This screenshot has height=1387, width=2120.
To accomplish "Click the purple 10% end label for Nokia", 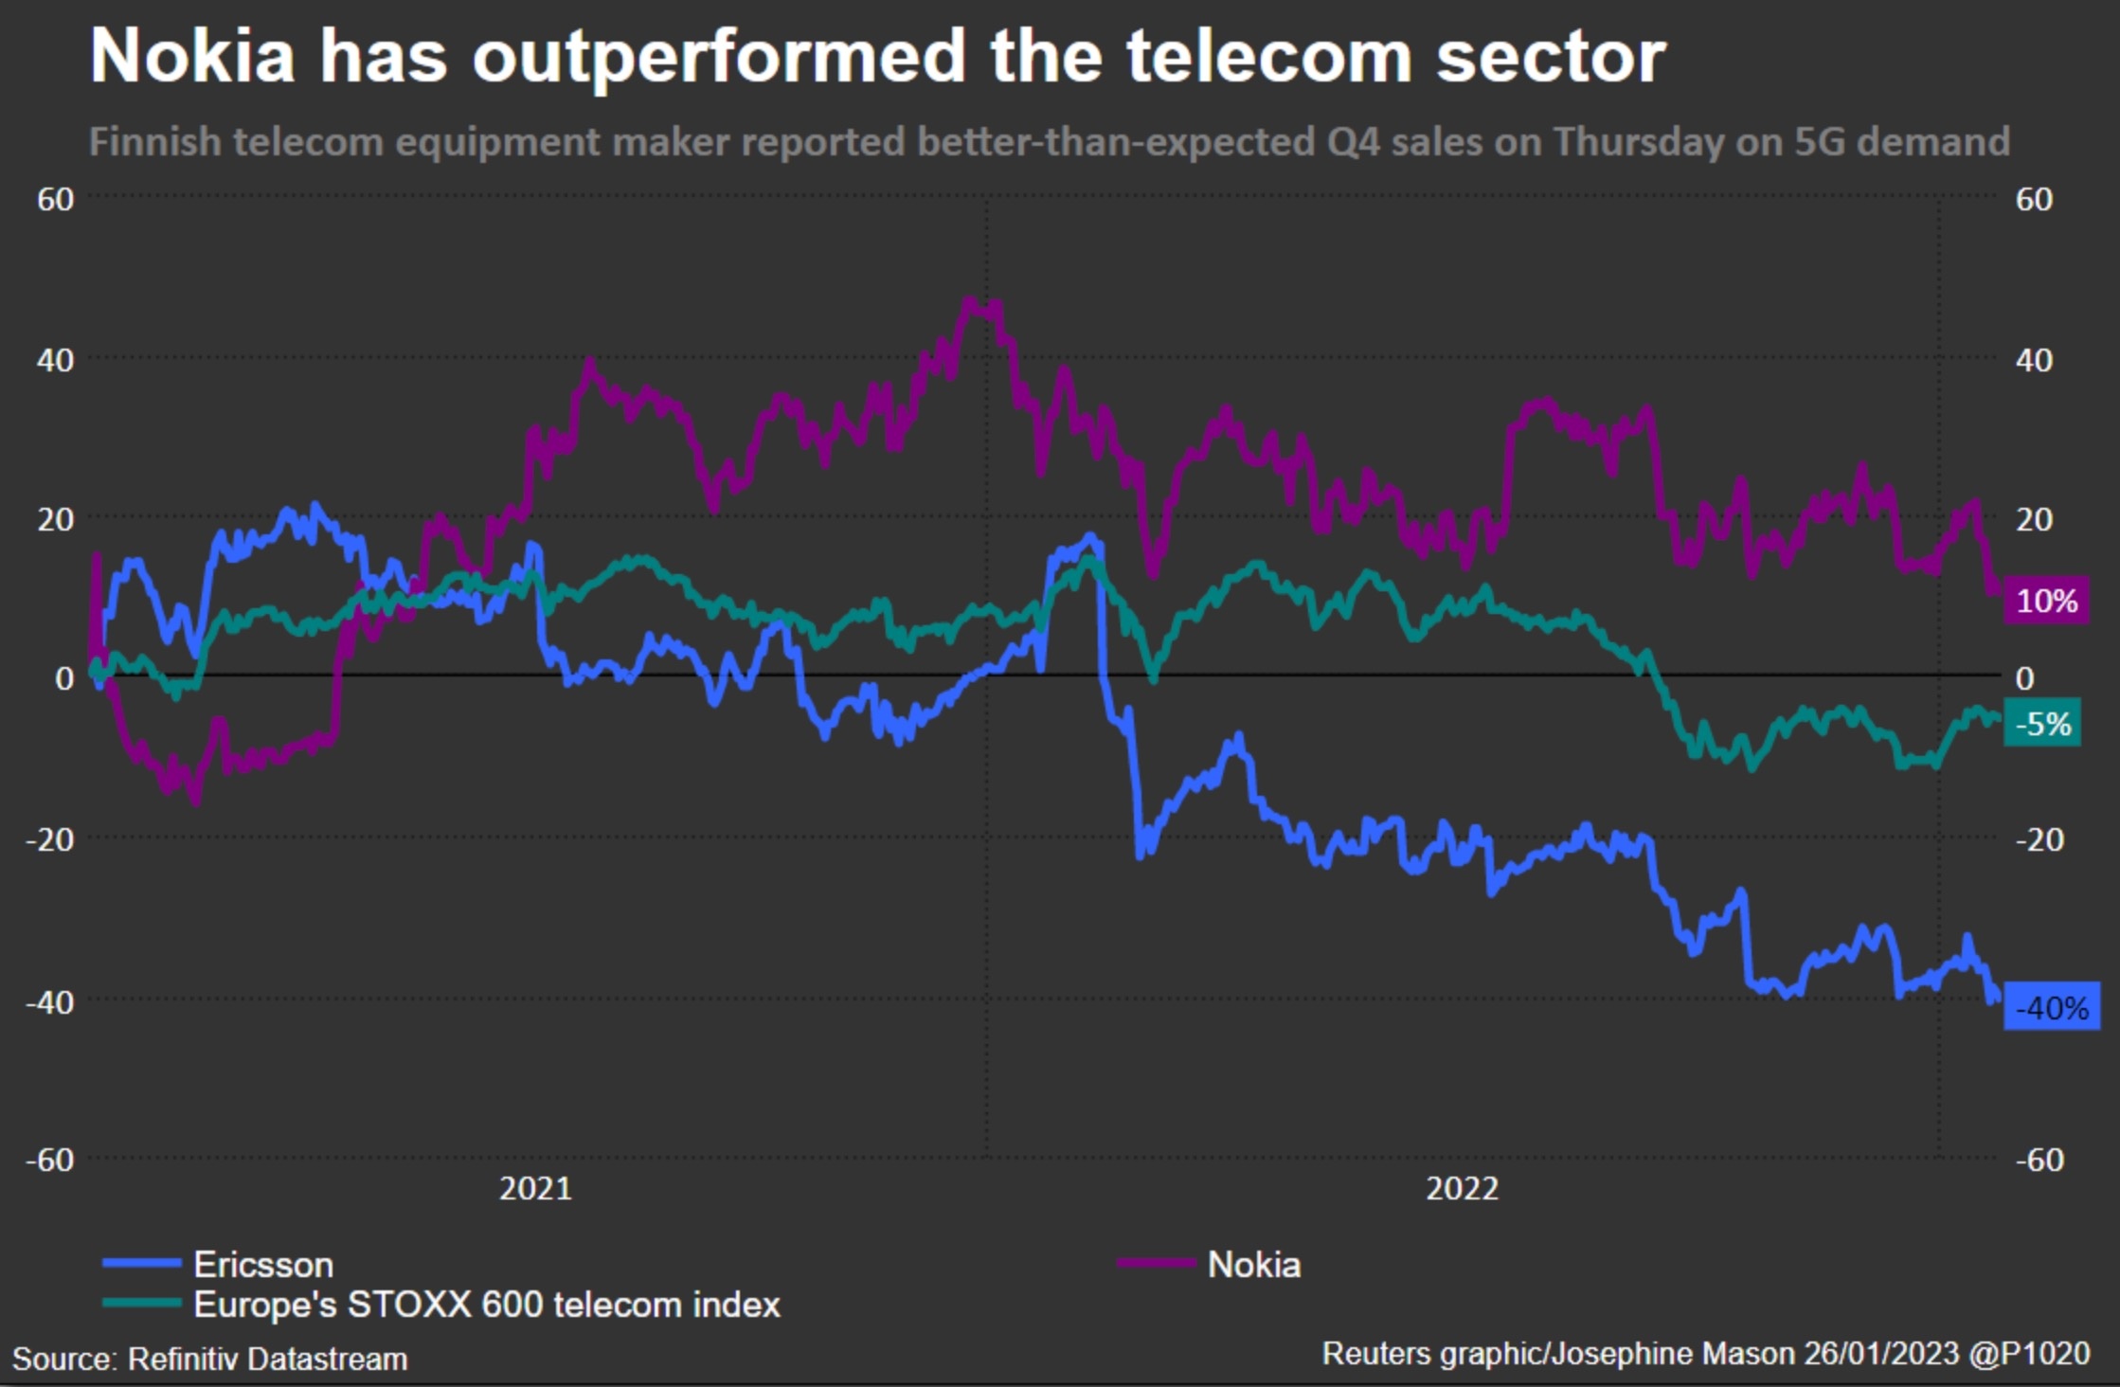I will (x=2046, y=601).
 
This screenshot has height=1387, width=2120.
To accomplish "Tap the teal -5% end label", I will (x=2042, y=724).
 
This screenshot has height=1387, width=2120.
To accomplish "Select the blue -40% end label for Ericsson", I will (x=2051, y=1007).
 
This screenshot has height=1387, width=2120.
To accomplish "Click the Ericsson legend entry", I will (x=262, y=1265).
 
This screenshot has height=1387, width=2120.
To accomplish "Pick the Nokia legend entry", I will (x=1253, y=1265).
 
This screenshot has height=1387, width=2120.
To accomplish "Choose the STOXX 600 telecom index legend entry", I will (x=486, y=1305).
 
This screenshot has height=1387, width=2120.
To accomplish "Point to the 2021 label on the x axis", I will (x=535, y=1188).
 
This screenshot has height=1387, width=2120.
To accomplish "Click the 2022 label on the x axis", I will (x=1462, y=1188).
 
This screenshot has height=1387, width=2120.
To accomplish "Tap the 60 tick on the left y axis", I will (x=55, y=200).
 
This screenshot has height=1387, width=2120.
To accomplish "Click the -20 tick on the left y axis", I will (x=49, y=839).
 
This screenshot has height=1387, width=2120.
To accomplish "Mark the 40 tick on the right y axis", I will (x=2034, y=360).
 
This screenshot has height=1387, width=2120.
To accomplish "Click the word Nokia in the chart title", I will (x=192, y=57).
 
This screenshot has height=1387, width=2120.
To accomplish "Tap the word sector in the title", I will (x=1550, y=57).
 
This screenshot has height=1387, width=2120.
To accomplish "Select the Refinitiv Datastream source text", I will (x=267, y=1360).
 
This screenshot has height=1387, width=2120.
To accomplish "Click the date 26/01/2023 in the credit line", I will (x=1880, y=1354).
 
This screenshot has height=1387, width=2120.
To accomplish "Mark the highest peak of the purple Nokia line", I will (x=968, y=301).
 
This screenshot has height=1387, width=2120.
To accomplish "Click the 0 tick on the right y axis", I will (x=2024, y=678).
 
